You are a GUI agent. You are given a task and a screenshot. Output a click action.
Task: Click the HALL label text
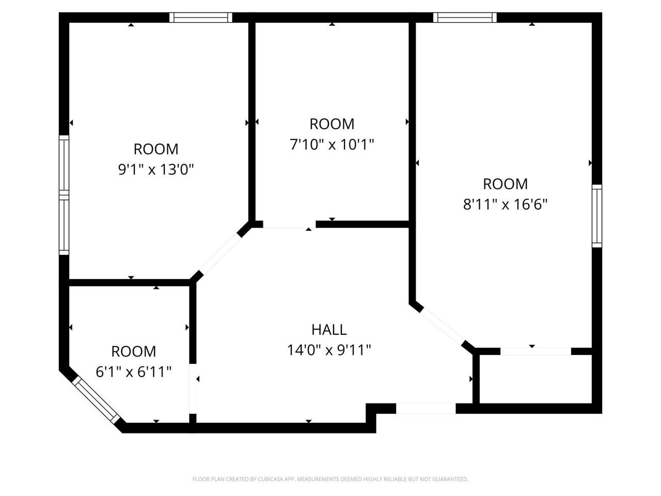(x=329, y=329)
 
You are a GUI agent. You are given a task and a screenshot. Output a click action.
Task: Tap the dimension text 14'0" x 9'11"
(x=329, y=350)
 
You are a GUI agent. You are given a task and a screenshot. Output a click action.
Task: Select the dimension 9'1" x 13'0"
(x=156, y=169)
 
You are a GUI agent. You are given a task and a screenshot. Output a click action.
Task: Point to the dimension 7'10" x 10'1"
(x=332, y=144)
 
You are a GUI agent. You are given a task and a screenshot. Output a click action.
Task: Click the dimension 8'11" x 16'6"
(x=505, y=205)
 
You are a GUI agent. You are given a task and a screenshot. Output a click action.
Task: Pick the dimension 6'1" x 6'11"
(x=134, y=371)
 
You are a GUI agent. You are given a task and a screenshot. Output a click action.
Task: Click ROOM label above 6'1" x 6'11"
(x=134, y=351)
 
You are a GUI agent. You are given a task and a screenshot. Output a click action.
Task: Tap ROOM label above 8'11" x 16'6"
(x=505, y=184)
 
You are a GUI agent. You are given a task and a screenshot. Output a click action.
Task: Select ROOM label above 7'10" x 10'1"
(x=332, y=124)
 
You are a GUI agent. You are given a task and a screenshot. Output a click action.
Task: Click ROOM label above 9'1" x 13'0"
(x=156, y=149)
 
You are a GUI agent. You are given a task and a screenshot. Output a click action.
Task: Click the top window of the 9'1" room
(x=201, y=18)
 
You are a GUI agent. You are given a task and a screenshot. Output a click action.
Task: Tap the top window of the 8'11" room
(x=465, y=18)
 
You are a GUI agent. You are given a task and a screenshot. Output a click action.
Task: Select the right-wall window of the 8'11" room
(x=596, y=216)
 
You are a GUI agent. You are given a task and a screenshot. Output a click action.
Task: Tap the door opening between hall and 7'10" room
(x=289, y=225)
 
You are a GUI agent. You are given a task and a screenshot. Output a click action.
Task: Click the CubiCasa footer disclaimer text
(x=330, y=479)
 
